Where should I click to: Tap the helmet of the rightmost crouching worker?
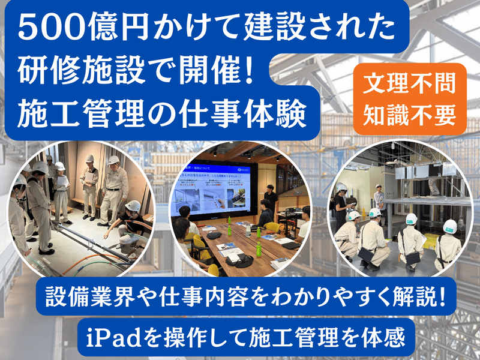(x=449, y=227)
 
